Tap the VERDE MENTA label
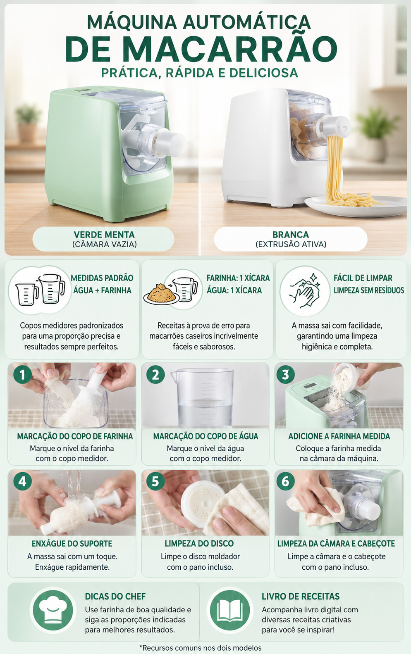click(104, 234)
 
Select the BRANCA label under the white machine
click(290, 234)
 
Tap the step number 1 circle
click(22, 375)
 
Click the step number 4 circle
click(22, 481)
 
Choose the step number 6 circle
click(285, 481)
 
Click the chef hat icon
click(53, 610)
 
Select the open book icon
click(230, 610)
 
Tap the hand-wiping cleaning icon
click(305, 290)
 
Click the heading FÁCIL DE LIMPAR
click(363, 278)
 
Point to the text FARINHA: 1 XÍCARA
click(238, 278)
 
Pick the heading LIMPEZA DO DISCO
click(199, 543)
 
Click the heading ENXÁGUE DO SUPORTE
click(72, 543)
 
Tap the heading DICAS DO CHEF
click(115, 596)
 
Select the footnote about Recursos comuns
click(201, 648)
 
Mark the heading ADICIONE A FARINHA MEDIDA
click(339, 436)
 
